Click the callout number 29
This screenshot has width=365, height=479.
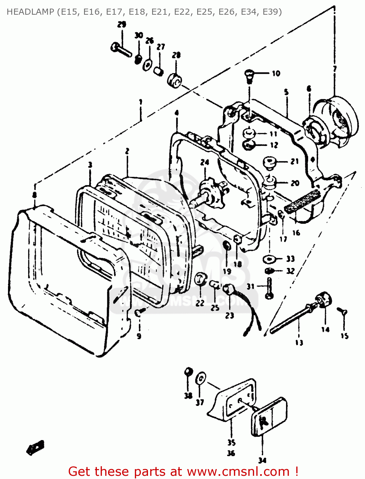click(x=121, y=25)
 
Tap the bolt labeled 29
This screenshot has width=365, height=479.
click(x=121, y=49)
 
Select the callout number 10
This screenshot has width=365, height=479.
click(x=276, y=73)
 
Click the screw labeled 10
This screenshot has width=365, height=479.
click(x=249, y=76)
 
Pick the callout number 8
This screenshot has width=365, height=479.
click(x=34, y=195)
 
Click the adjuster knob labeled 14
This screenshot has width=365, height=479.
click(x=324, y=300)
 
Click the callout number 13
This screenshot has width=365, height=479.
click(x=299, y=343)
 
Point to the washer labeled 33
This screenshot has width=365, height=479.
click(x=269, y=259)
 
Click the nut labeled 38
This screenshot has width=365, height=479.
click(x=188, y=372)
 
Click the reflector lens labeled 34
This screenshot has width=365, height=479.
click(x=268, y=417)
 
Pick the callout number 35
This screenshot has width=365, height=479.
click(x=231, y=442)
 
